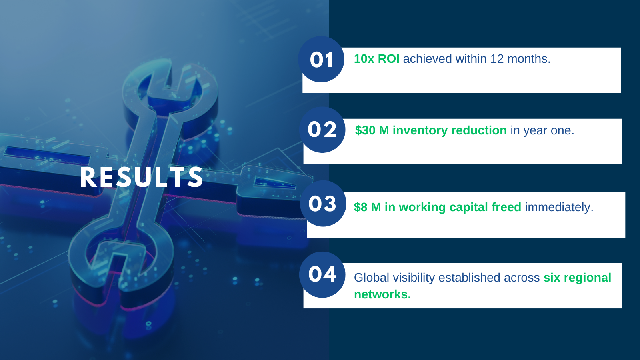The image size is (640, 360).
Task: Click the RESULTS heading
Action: coord(142,177)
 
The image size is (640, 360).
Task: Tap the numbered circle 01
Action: coord(321,60)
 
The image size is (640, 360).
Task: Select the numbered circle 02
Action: coord(322,130)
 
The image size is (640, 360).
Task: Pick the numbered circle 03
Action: coord(323,204)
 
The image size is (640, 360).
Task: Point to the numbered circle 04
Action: coord(322,274)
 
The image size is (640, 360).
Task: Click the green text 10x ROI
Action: coord(376,59)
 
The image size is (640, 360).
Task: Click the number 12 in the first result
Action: coord(497,59)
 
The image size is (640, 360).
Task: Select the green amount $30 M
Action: coord(372,130)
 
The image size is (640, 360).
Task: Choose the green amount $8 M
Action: coord(367,207)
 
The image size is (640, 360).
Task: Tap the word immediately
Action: coord(558,207)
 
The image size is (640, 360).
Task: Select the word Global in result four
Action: coord(372,278)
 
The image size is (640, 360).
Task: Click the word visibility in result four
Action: coord(414,278)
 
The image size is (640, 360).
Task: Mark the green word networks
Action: coord(382,294)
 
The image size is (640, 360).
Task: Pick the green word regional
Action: coord(587,278)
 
